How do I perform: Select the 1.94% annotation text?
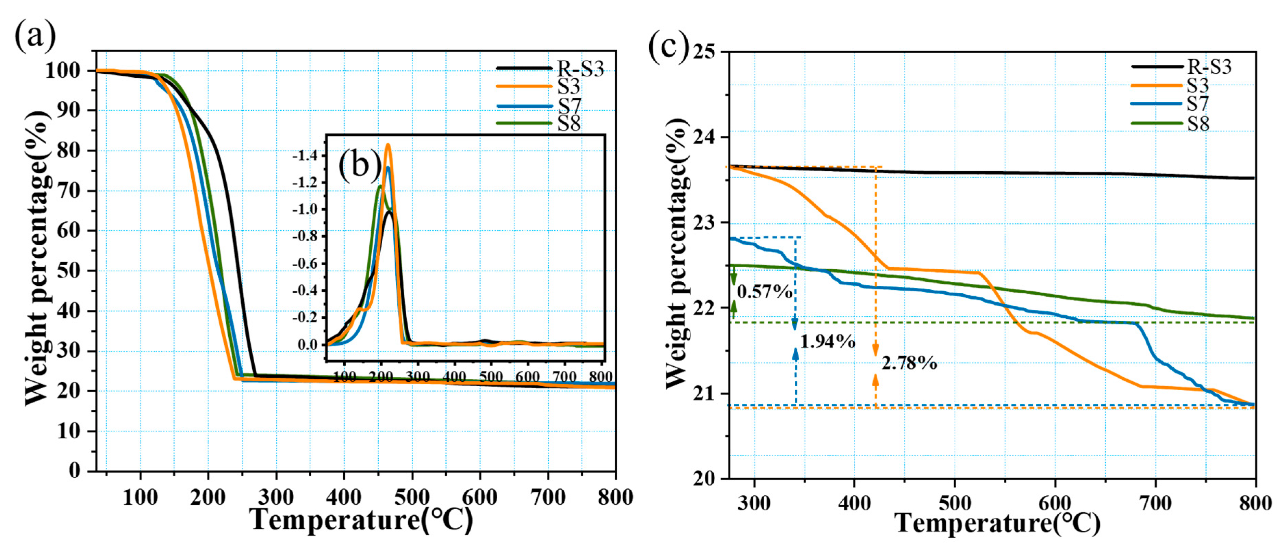pyautogui.click(x=828, y=341)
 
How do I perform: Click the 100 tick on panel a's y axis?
pyautogui.click(x=63, y=71)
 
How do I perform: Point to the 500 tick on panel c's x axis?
pyautogui.click(x=955, y=502)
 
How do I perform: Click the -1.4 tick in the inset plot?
pyautogui.click(x=305, y=156)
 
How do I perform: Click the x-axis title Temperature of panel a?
pyautogui.click(x=361, y=519)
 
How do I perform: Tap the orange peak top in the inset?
pyautogui.click(x=387, y=145)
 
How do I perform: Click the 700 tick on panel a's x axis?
pyautogui.click(x=548, y=497)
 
